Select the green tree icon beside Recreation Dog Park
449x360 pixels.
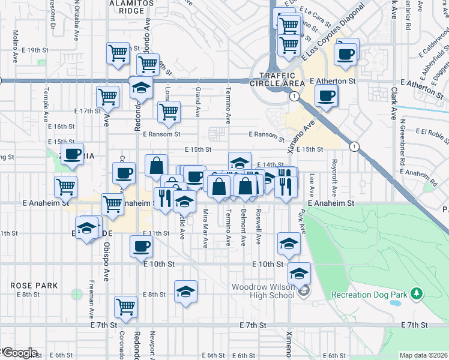tap(415, 294)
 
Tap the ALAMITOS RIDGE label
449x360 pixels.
tap(128, 7)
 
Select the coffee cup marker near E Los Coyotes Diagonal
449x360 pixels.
tap(346, 53)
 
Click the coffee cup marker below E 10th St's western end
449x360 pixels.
tap(142, 245)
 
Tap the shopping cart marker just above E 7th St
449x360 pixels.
tap(126, 307)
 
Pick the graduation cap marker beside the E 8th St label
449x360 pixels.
tap(185, 292)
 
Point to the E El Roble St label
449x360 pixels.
tap(427, 134)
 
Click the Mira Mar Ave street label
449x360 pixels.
tap(205, 229)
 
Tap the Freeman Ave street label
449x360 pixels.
tap(91, 299)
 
